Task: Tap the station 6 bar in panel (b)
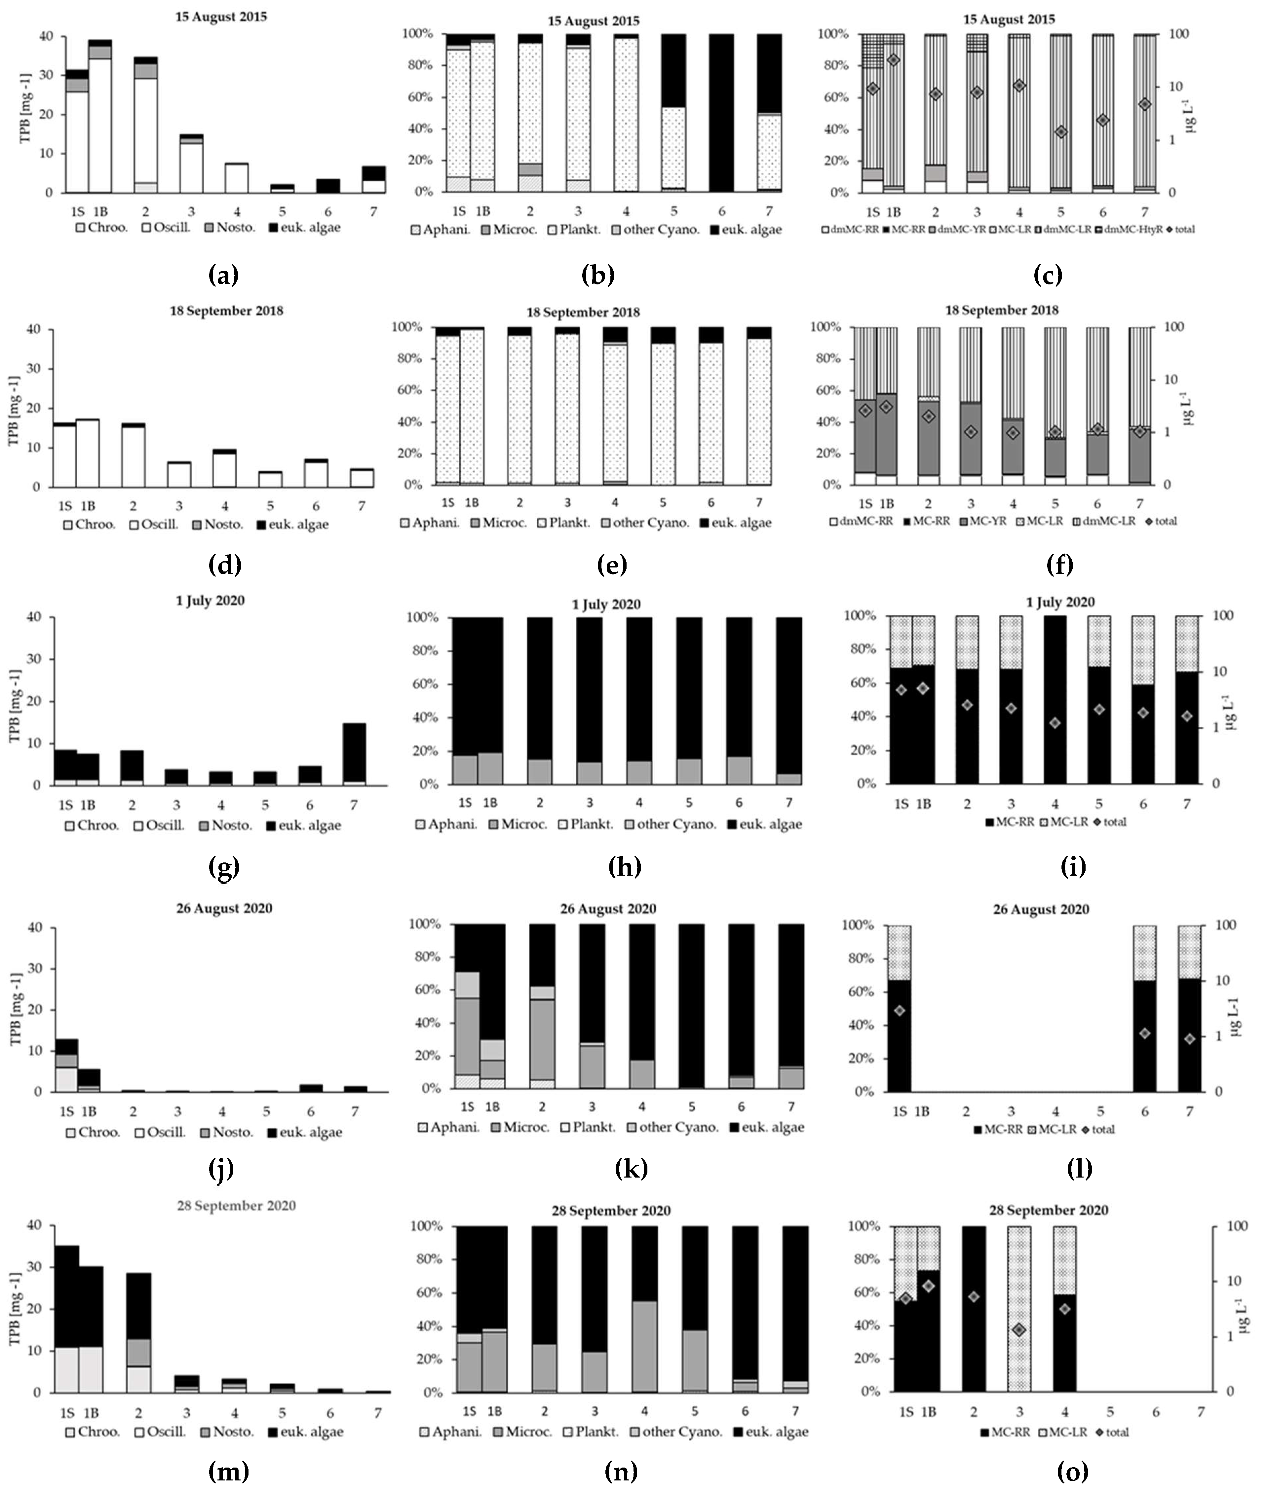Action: (722, 113)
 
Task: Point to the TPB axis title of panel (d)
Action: (13, 408)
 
